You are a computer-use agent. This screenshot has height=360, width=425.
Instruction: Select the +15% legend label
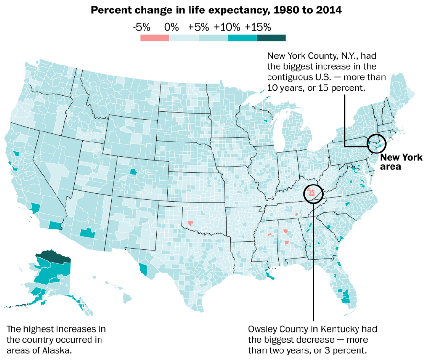click(x=258, y=27)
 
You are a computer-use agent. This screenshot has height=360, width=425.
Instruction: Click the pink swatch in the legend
click(x=155, y=38)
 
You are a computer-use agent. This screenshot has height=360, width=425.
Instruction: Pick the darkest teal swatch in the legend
click(x=271, y=38)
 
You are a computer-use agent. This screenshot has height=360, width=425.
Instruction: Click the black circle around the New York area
click(x=377, y=143)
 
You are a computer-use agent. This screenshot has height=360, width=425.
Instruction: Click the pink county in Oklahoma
click(x=190, y=222)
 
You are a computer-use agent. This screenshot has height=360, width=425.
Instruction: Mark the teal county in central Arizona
click(x=87, y=233)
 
